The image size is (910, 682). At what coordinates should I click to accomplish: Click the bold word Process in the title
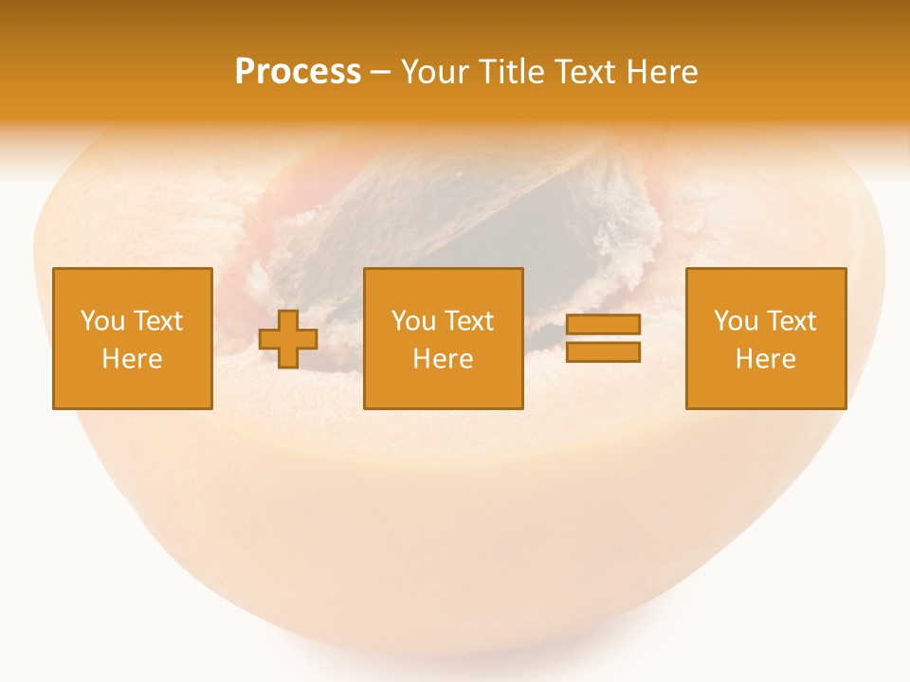(x=298, y=72)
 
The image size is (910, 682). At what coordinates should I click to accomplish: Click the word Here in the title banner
(x=664, y=72)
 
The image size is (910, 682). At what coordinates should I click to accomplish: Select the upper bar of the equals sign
(x=603, y=324)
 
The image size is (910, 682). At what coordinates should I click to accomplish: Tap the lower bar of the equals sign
(x=603, y=352)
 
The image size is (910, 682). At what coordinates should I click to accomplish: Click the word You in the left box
(x=101, y=321)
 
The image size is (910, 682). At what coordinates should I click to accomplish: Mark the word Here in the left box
(x=132, y=359)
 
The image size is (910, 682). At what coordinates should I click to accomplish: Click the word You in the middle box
(x=413, y=321)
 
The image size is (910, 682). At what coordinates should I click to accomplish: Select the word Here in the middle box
(x=444, y=359)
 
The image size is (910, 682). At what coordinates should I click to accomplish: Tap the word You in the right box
(x=736, y=321)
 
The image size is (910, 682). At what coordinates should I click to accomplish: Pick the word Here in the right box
(x=766, y=359)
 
